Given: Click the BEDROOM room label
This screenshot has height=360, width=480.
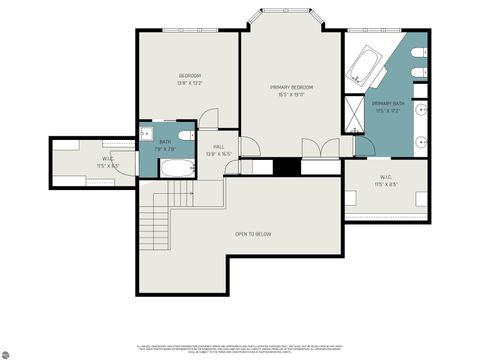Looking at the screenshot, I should pos(190,76).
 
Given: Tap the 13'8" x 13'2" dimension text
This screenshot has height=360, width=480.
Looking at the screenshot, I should pos(190,84).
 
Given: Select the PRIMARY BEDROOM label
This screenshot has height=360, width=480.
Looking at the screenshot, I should pos(292,88).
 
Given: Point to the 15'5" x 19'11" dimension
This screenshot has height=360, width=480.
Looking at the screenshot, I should pos(292,96).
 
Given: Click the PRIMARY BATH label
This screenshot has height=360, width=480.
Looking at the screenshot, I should pos(388,103).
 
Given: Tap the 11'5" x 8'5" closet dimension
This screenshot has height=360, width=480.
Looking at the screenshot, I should pos(386,184).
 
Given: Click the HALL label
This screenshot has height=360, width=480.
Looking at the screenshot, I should pos(218,147).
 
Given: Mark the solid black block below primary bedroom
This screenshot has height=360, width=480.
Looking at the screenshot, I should pos(287,166).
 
